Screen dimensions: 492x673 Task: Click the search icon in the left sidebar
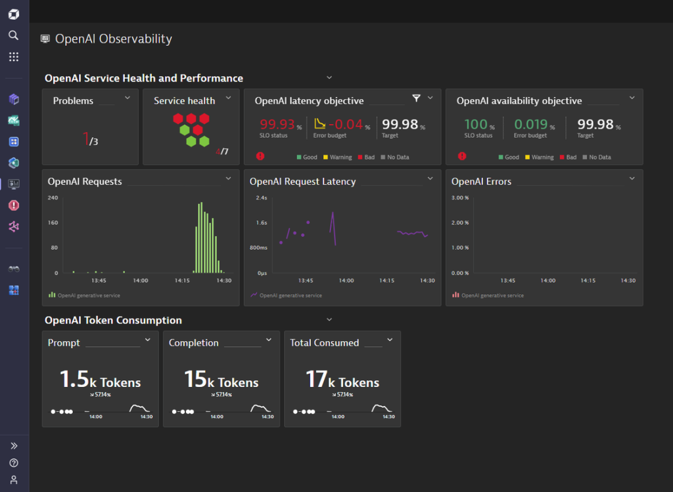pos(13,35)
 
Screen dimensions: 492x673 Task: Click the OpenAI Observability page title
pos(113,39)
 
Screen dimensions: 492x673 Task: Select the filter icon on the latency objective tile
pos(416,98)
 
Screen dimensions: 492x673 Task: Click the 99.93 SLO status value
pos(277,124)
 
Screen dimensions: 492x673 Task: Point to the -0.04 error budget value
pos(345,124)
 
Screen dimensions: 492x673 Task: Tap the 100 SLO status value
pos(476,124)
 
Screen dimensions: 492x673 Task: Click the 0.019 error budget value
pos(530,124)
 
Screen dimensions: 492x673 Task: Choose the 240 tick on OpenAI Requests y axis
pos(53,198)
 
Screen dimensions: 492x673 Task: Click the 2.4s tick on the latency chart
pos(261,198)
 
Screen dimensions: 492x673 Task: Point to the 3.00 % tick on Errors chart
pos(460,198)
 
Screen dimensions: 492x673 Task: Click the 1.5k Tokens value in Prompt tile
pos(100,380)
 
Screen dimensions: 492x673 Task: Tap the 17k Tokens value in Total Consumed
pos(342,380)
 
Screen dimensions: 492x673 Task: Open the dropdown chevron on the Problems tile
pos(128,98)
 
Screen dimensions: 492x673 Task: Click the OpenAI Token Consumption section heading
pos(113,321)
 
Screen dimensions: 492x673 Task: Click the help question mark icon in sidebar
pos(13,463)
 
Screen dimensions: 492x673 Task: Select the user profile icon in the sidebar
pos(13,480)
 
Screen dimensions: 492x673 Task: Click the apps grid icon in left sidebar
pos(13,57)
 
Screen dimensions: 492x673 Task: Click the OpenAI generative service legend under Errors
pos(492,296)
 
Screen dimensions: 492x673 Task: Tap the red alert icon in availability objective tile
pos(462,156)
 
